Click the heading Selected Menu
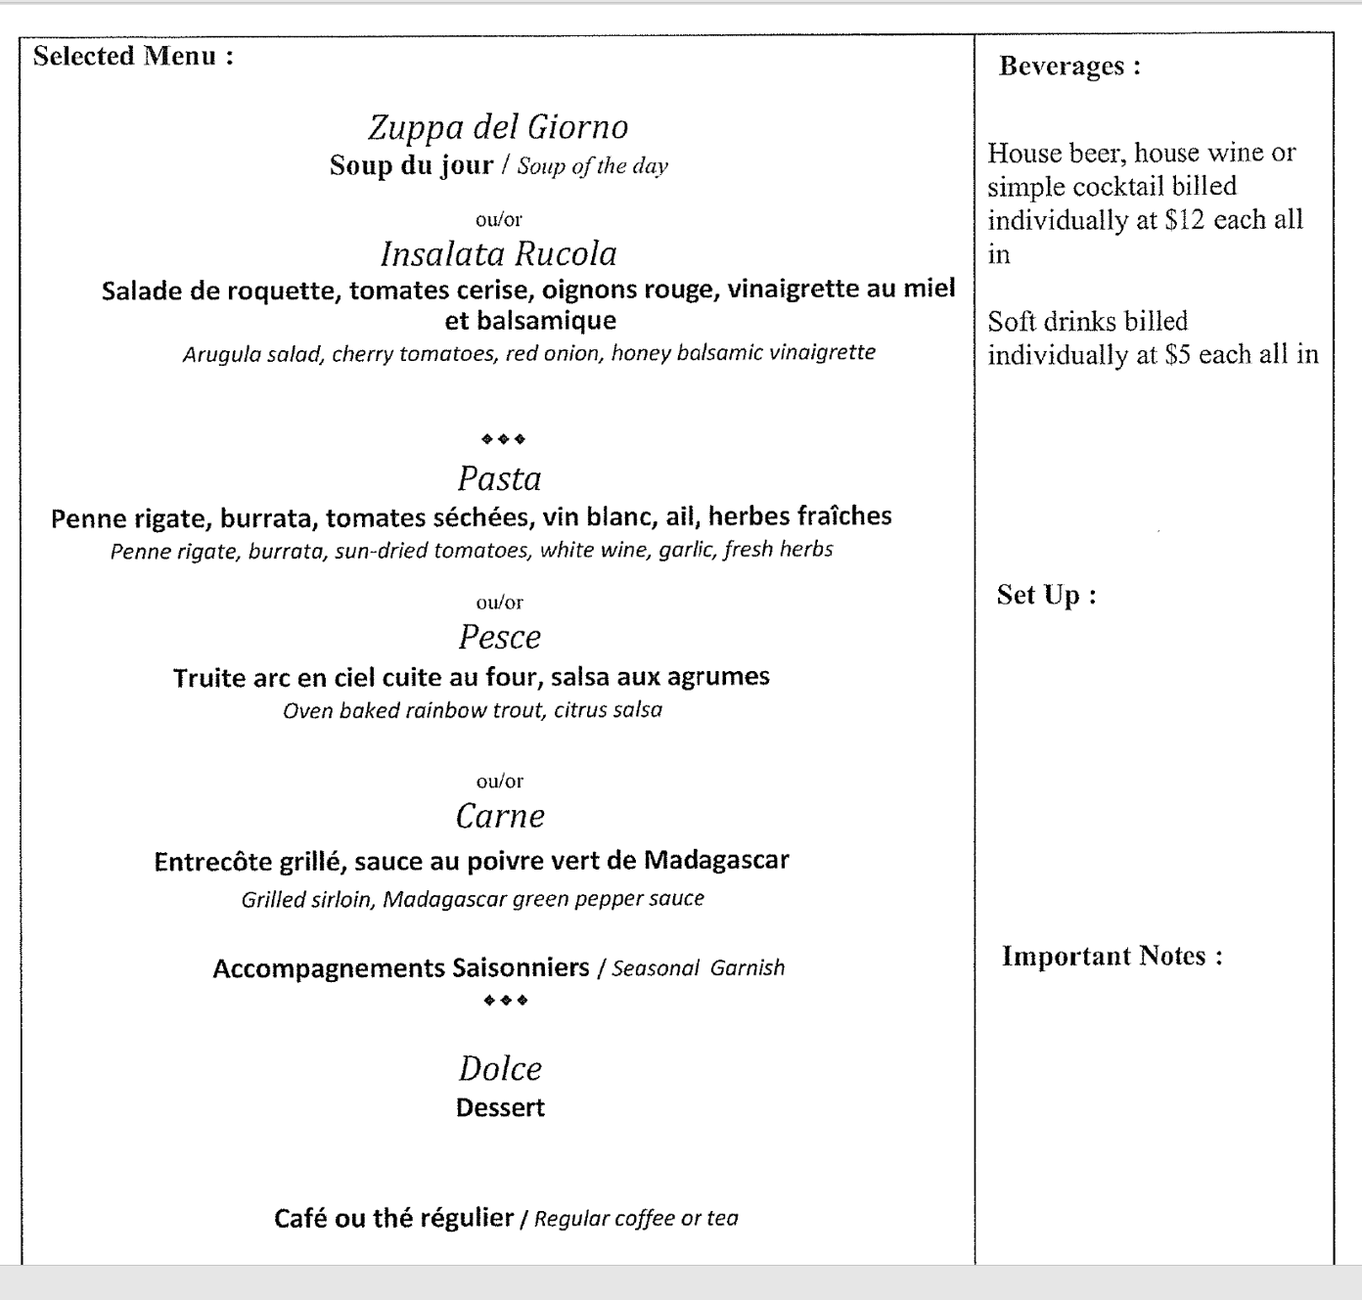point(133,56)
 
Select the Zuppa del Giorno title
point(498,127)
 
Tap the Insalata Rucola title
point(498,254)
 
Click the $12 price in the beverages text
point(1185,220)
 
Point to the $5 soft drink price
point(1177,355)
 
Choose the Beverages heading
point(1069,67)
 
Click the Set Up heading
point(1046,595)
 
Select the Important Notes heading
point(1112,956)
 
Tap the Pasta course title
point(499,479)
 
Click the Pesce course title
point(499,638)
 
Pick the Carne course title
point(500,817)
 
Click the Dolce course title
point(500,1069)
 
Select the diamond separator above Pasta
point(503,439)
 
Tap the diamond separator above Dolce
point(506,1001)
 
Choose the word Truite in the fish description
point(204,677)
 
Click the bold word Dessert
point(500,1108)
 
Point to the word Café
point(301,1218)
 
